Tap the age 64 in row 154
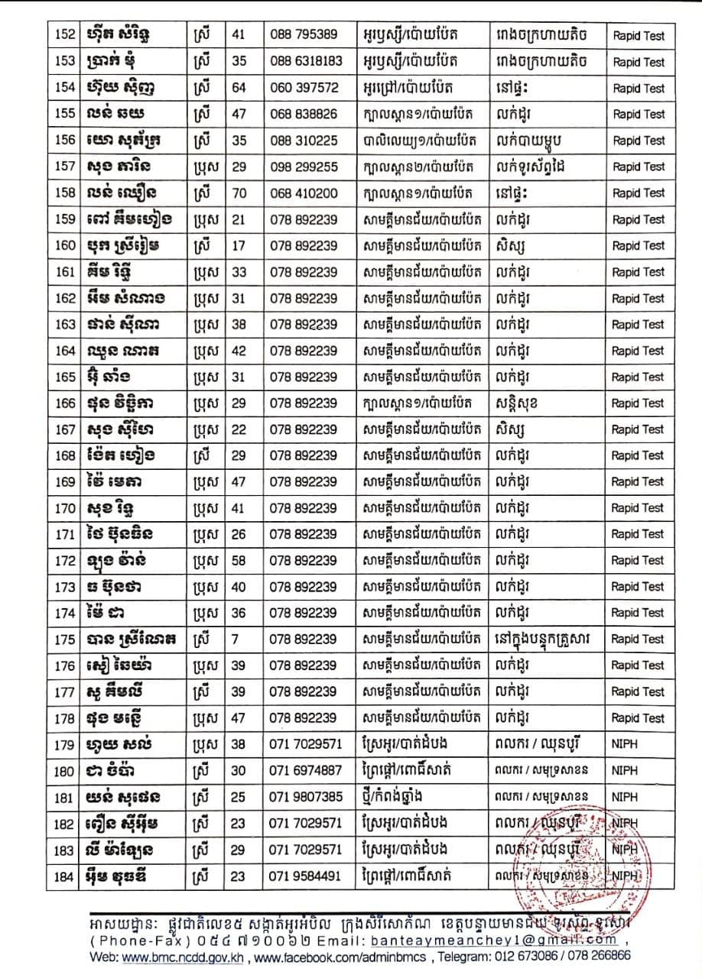click(239, 88)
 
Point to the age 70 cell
click(239, 193)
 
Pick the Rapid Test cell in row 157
click(639, 167)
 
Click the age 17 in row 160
click(239, 245)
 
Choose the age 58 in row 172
click(239, 560)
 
